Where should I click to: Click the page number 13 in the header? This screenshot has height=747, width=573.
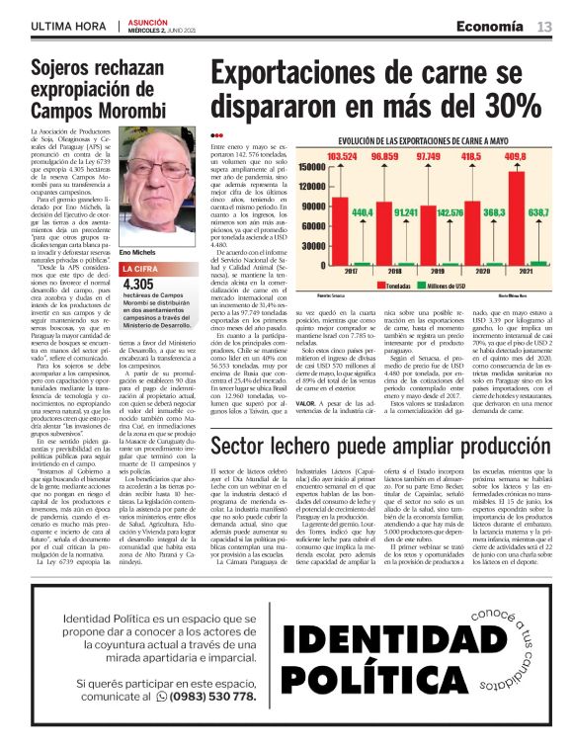coord(544,27)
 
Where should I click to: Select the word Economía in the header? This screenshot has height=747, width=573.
coord(490,27)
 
